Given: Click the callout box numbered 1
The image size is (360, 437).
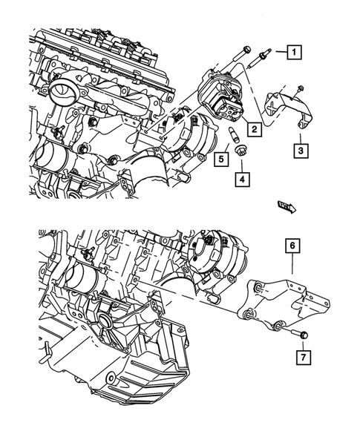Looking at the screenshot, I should (x=295, y=52).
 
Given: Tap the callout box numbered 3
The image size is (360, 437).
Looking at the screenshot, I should (x=300, y=151).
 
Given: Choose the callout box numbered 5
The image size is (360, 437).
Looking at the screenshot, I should (x=220, y=157).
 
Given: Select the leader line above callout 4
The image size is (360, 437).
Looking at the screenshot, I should (x=242, y=163).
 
